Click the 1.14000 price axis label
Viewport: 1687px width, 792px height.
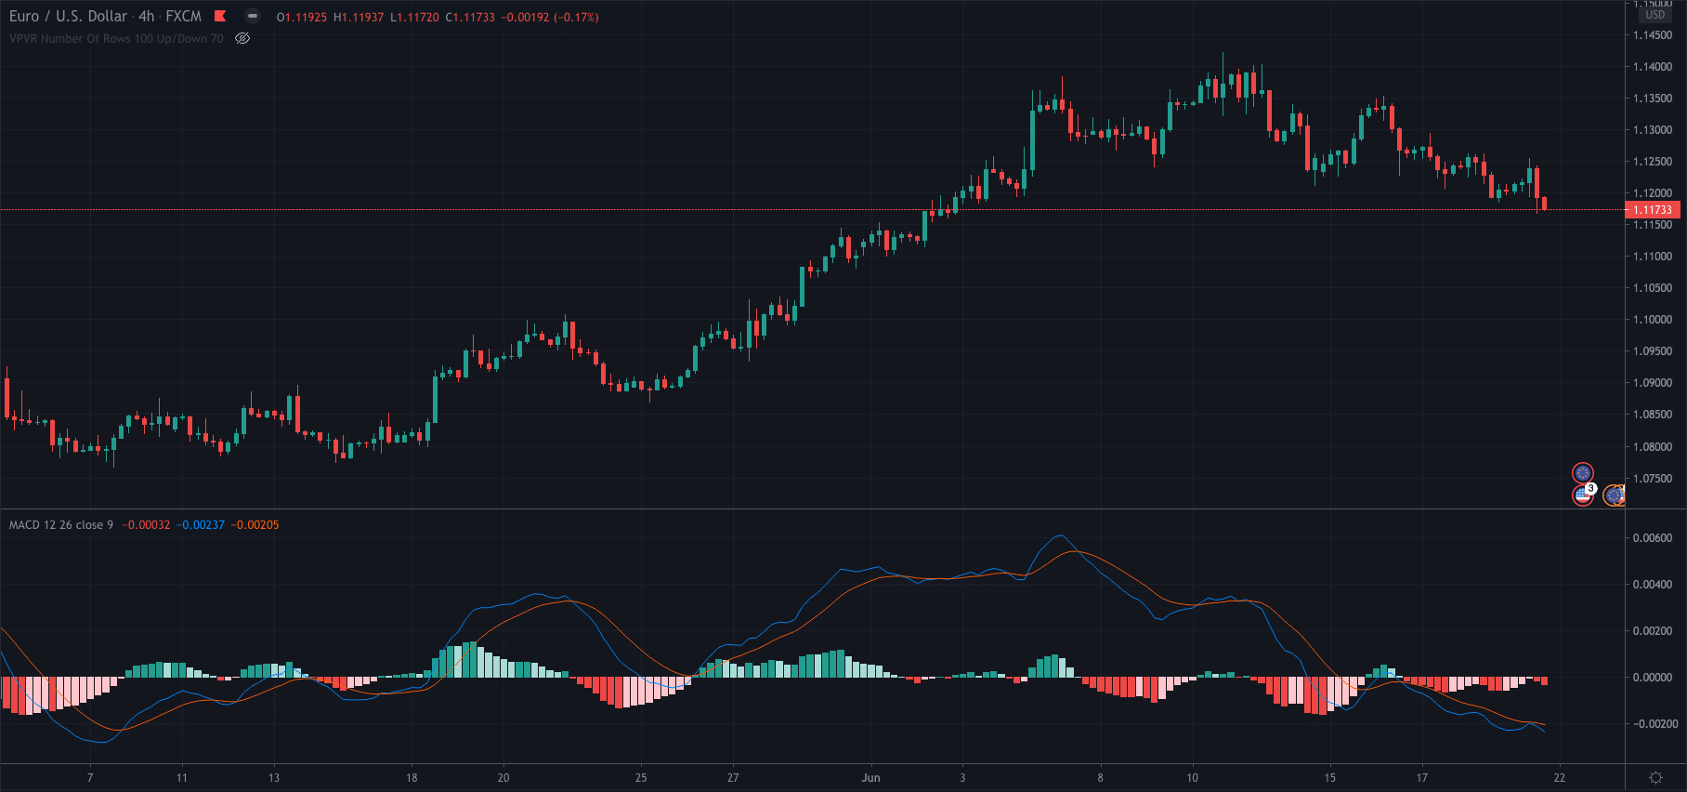[1653, 67]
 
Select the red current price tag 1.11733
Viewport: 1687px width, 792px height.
[1653, 210]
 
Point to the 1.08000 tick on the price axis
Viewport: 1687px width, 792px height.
[1653, 447]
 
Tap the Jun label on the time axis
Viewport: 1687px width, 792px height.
[870, 778]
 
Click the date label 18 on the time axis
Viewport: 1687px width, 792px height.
[412, 778]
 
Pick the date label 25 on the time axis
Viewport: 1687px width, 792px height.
[641, 778]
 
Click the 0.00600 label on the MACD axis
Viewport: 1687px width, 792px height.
[1653, 538]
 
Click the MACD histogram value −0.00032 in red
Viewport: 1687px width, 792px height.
[146, 525]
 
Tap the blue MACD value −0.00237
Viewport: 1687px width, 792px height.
[201, 525]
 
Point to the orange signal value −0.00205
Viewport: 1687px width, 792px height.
[255, 525]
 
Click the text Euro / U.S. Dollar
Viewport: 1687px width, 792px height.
[68, 17]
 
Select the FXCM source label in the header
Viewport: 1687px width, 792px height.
[183, 17]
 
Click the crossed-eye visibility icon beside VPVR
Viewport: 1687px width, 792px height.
[242, 39]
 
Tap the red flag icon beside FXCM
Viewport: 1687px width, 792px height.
[220, 16]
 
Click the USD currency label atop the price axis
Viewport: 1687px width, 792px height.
[1655, 15]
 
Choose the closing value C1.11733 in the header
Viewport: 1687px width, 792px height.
[470, 18]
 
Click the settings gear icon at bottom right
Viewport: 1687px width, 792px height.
[1655, 777]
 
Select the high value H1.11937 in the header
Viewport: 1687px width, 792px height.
[359, 18]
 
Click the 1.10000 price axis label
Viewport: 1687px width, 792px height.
[1653, 320]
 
